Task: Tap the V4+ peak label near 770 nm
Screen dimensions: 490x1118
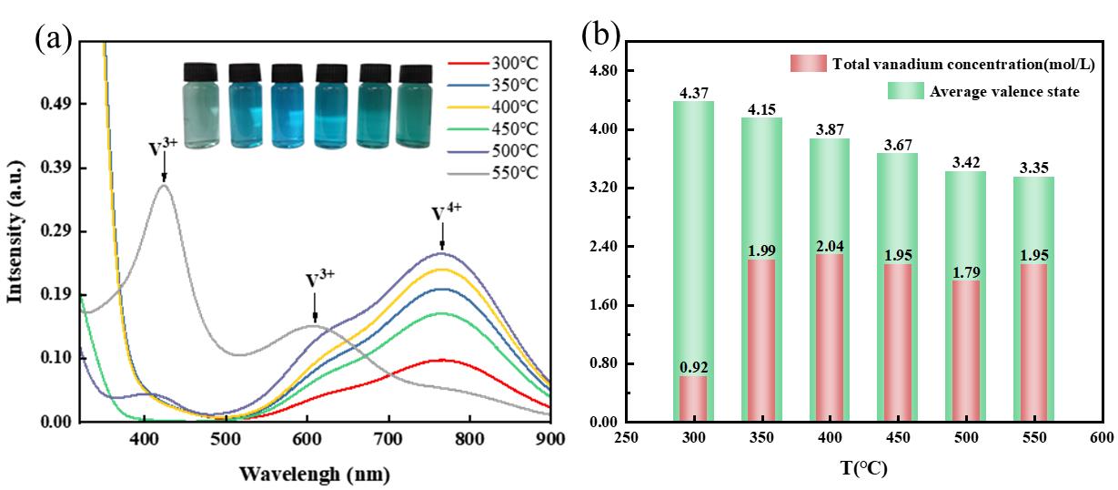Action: [x=446, y=213]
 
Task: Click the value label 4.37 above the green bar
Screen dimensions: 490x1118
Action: [x=693, y=92]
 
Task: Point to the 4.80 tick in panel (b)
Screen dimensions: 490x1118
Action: [x=605, y=71]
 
